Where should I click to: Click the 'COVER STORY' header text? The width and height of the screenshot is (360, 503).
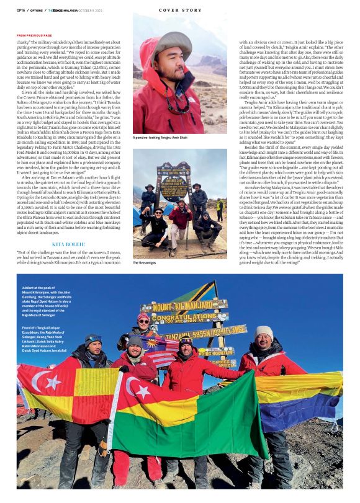[x=180, y=10]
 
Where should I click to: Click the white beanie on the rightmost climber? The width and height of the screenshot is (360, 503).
[x=263, y=332]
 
